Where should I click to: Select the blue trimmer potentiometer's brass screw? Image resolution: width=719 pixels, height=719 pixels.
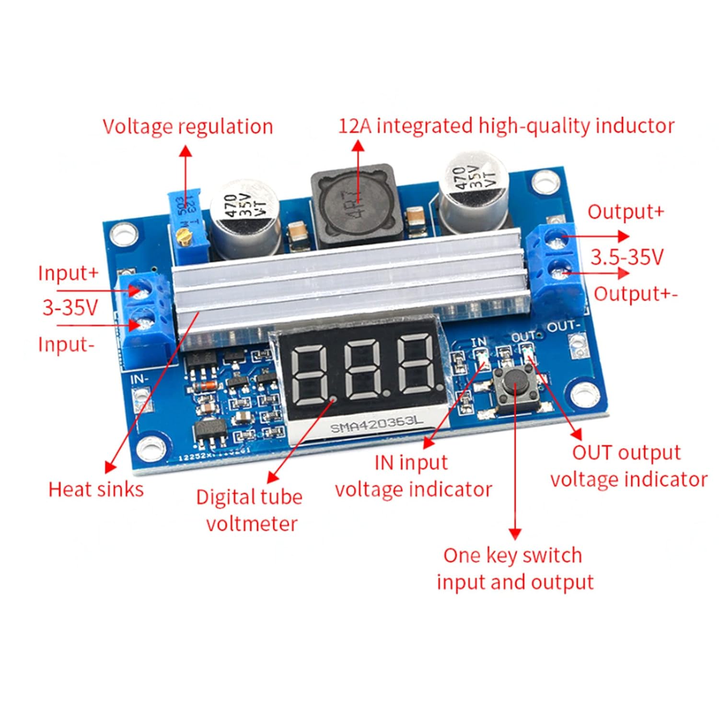click(x=181, y=235)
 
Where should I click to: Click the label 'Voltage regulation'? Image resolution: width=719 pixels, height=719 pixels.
click(x=187, y=127)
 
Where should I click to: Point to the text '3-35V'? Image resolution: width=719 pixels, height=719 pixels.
click(x=70, y=307)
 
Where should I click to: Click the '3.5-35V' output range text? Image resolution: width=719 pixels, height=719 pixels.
click(x=626, y=257)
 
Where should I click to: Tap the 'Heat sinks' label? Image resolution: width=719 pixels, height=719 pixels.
click(x=96, y=489)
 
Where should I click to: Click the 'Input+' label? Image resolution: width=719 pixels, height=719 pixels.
click(x=68, y=273)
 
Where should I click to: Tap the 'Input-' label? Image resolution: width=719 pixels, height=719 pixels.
click(x=66, y=344)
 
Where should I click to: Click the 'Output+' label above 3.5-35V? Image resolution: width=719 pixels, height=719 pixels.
click(x=626, y=211)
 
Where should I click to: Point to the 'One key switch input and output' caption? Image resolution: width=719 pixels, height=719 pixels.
click(x=514, y=568)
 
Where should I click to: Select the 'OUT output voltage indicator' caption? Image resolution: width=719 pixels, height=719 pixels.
click(x=628, y=466)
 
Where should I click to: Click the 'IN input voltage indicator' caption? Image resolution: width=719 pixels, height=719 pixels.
click(x=413, y=476)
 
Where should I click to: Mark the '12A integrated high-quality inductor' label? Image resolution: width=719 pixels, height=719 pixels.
click(x=506, y=126)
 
